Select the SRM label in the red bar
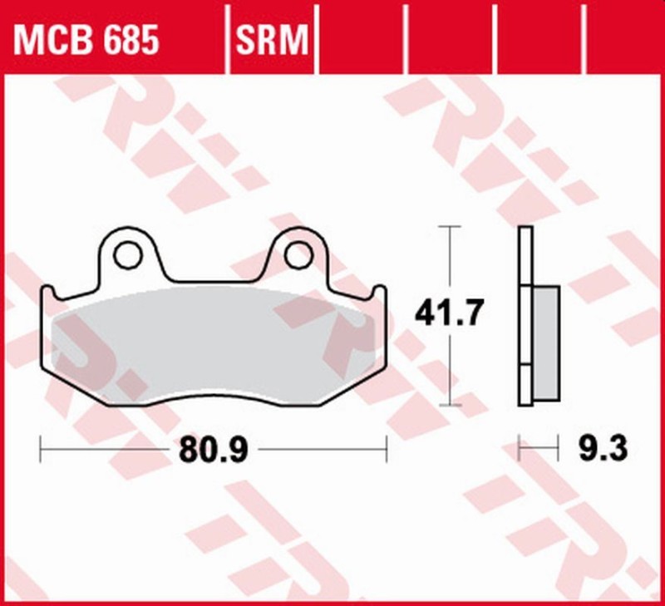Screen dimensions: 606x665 coord(273,39)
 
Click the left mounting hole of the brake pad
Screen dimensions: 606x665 coord(127,255)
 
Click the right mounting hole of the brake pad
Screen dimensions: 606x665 coord(298,255)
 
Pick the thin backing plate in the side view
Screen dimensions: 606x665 coord(525,316)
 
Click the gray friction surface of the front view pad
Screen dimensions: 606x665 coord(208,341)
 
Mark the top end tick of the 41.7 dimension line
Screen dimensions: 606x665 coord(449,225)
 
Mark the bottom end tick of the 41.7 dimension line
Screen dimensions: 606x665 coord(449,406)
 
